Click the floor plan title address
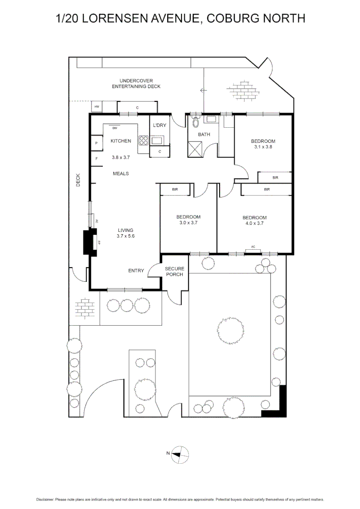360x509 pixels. click(x=180, y=18)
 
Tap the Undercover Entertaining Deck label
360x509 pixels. click(x=136, y=83)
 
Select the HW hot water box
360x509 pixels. click(x=97, y=107)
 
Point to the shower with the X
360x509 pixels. click(x=196, y=150)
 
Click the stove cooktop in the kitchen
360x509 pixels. click(x=143, y=140)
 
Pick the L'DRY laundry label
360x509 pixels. click(x=159, y=125)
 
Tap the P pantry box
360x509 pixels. click(x=97, y=143)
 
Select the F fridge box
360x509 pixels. click(x=97, y=158)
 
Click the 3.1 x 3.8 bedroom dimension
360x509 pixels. click(x=263, y=147)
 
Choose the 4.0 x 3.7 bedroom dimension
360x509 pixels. click(x=254, y=223)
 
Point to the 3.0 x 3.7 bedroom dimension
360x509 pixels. click(x=188, y=222)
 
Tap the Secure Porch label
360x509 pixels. click(x=174, y=271)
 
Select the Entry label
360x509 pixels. click(x=136, y=271)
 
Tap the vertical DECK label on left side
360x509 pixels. click(x=79, y=180)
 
